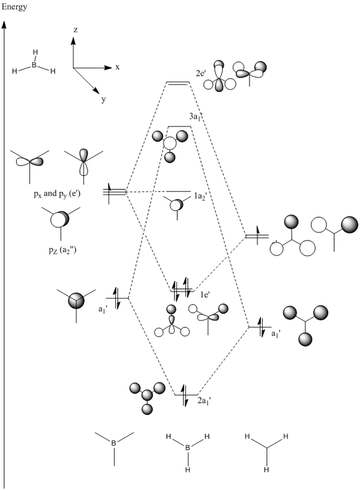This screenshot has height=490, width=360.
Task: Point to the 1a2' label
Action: click(x=200, y=196)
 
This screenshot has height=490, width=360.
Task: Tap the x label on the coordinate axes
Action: click(x=118, y=67)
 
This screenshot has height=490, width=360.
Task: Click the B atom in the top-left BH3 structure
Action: click(x=34, y=64)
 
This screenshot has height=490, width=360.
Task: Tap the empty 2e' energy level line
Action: click(x=179, y=83)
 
